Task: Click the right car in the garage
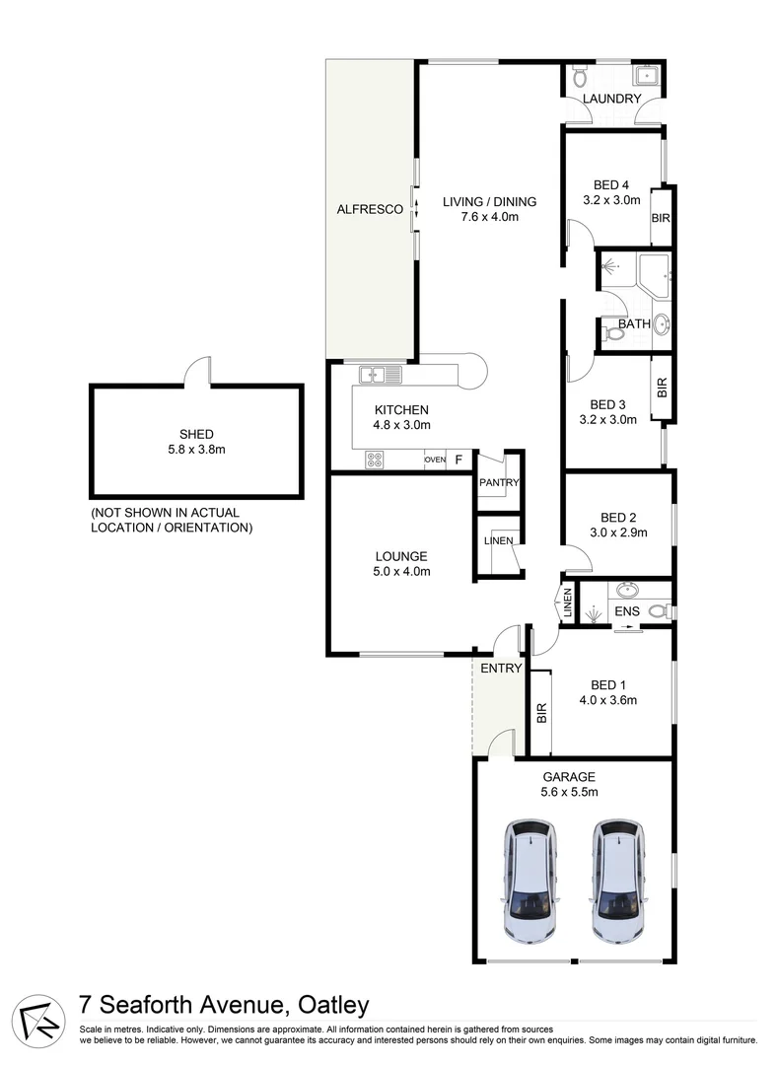618,880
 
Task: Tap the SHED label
196,434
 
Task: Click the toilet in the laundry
579,75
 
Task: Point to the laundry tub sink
649,75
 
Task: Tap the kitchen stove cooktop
376,459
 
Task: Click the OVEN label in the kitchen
434,460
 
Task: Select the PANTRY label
499,482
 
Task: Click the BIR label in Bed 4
660,216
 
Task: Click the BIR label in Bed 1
541,714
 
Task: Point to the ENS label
626,611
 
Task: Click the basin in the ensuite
627,592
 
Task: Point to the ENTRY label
500,669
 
